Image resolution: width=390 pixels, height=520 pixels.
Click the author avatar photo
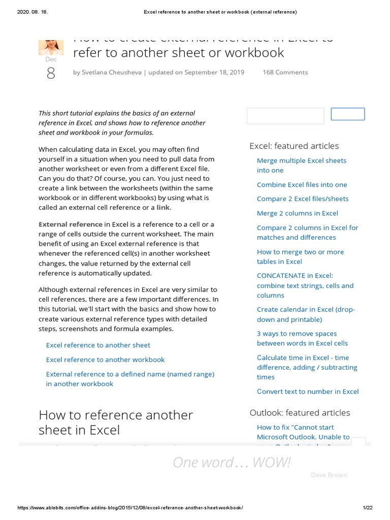[x=51, y=46]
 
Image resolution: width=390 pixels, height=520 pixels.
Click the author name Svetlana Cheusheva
[x=112, y=73]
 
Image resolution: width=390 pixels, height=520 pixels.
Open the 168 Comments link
[x=285, y=73]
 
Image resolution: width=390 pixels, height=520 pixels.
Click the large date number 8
[x=51, y=74]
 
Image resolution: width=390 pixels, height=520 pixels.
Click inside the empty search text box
[x=285, y=116]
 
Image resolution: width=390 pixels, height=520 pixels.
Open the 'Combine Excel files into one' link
[x=302, y=185]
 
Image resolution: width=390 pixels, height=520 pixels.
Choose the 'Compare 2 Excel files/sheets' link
[x=303, y=199]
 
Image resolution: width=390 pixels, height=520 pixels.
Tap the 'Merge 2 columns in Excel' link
[x=297, y=213]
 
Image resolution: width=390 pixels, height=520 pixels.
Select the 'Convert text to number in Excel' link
[x=307, y=392]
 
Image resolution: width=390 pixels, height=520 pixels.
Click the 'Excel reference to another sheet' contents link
[x=98, y=345]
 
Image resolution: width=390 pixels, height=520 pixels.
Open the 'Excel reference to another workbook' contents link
[x=105, y=360]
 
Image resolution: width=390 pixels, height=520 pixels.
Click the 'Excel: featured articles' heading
[x=294, y=146]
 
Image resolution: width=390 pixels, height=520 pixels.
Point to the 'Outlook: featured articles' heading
[x=300, y=413]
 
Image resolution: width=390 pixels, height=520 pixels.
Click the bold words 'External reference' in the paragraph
[x=71, y=224]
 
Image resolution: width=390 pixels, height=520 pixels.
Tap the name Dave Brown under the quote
[x=329, y=475]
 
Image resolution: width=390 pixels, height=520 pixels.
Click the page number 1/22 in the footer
[x=368, y=508]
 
